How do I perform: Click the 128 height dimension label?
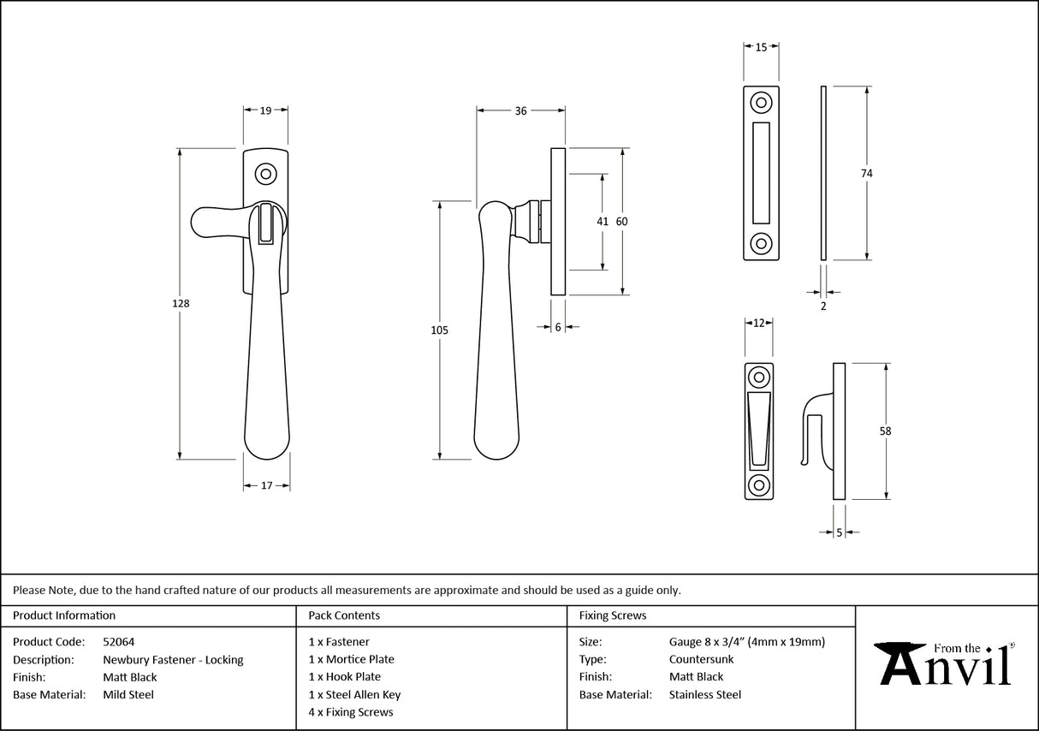click(x=181, y=304)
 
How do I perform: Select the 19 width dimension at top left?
click(x=265, y=110)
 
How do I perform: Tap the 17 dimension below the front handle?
click(x=265, y=485)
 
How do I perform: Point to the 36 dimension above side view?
click(x=520, y=110)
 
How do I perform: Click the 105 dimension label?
click(x=440, y=330)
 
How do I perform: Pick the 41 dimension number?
click(x=603, y=222)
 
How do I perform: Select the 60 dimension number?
click(x=622, y=222)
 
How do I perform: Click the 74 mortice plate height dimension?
click(x=866, y=173)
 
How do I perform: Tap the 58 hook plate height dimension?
click(x=885, y=431)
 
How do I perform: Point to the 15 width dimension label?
click(x=761, y=48)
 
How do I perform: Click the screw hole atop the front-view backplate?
click(x=266, y=175)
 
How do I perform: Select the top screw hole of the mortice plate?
click(x=760, y=104)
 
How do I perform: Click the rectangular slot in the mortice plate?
click(x=760, y=172)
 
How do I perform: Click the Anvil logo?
click(x=946, y=663)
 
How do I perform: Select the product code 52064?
click(x=118, y=641)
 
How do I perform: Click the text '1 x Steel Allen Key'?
click(x=354, y=695)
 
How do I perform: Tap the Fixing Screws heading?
click(x=613, y=615)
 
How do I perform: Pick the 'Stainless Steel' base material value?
click(x=705, y=695)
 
